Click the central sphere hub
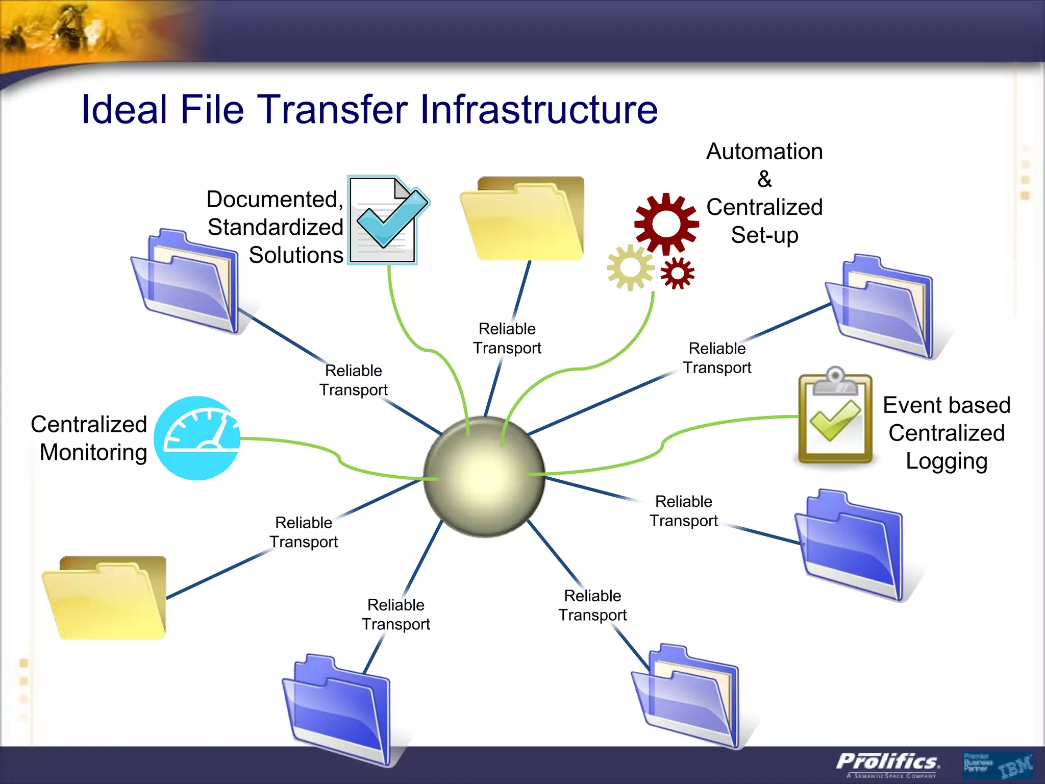coord(484,477)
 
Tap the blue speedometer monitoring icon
coord(197,438)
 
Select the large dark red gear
coord(666,224)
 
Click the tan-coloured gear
coord(631,267)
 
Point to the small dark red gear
coord(677,274)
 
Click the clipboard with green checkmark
coord(835,419)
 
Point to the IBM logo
coord(1015,766)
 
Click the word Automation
coord(764,152)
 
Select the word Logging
coord(947,461)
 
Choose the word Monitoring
coord(93,452)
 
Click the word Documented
coord(275,199)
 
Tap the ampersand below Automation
coord(764,179)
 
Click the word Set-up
coord(764,235)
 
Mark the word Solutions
coord(296,255)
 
